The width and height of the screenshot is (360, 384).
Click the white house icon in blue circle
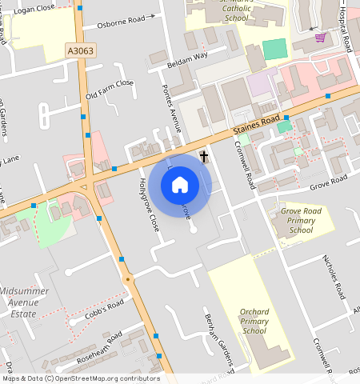click(x=180, y=186)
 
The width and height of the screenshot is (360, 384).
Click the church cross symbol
click(x=204, y=156)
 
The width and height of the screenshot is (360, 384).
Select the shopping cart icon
click(x=320, y=38)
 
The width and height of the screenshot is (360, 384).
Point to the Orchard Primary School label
click(x=254, y=321)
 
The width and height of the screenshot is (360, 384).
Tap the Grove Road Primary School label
click(x=302, y=221)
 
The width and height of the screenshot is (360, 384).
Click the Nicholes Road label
click(x=334, y=276)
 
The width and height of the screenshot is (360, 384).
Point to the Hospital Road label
click(x=347, y=28)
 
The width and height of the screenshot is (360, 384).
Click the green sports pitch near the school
click(x=274, y=48)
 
